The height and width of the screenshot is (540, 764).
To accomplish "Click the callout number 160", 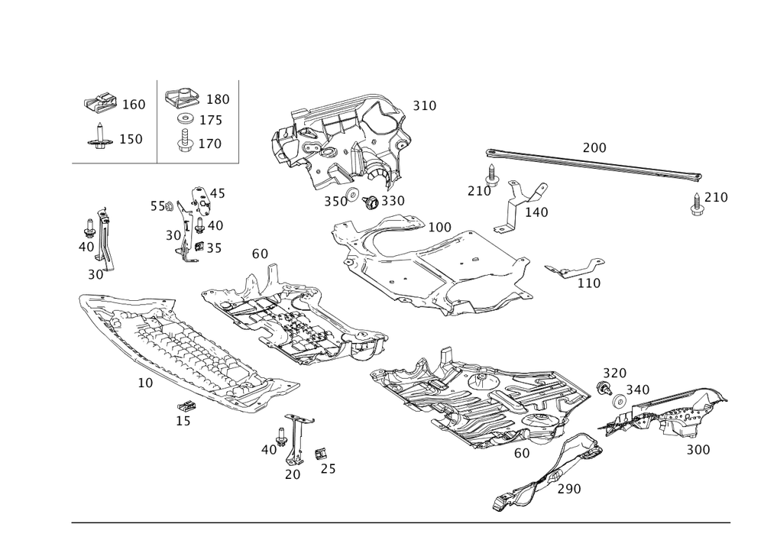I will coord(134,105).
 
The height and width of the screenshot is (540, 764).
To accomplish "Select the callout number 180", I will coord(218,100).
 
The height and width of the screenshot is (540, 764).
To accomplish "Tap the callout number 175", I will coord(211,121).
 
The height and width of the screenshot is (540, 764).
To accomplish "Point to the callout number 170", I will coord(211,143).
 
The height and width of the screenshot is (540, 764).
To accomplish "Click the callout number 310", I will coord(425,105).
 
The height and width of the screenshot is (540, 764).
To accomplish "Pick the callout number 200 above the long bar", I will coord(594,147).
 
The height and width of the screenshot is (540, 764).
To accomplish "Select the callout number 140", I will coord(536,212).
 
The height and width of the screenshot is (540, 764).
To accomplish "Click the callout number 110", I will coord(588,283).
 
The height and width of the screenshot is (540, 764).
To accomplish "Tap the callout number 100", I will coord(440,228).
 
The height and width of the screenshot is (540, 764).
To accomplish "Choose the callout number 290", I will coord(570,488).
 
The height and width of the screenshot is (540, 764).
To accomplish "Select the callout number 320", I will coord(614,373).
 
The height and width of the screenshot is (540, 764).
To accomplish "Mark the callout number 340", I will coord(638,390).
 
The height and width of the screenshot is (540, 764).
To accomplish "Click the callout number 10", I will coord(145,383).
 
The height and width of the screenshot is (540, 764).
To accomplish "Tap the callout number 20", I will coord(293,474).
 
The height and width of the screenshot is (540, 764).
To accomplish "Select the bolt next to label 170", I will coord(184,142).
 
